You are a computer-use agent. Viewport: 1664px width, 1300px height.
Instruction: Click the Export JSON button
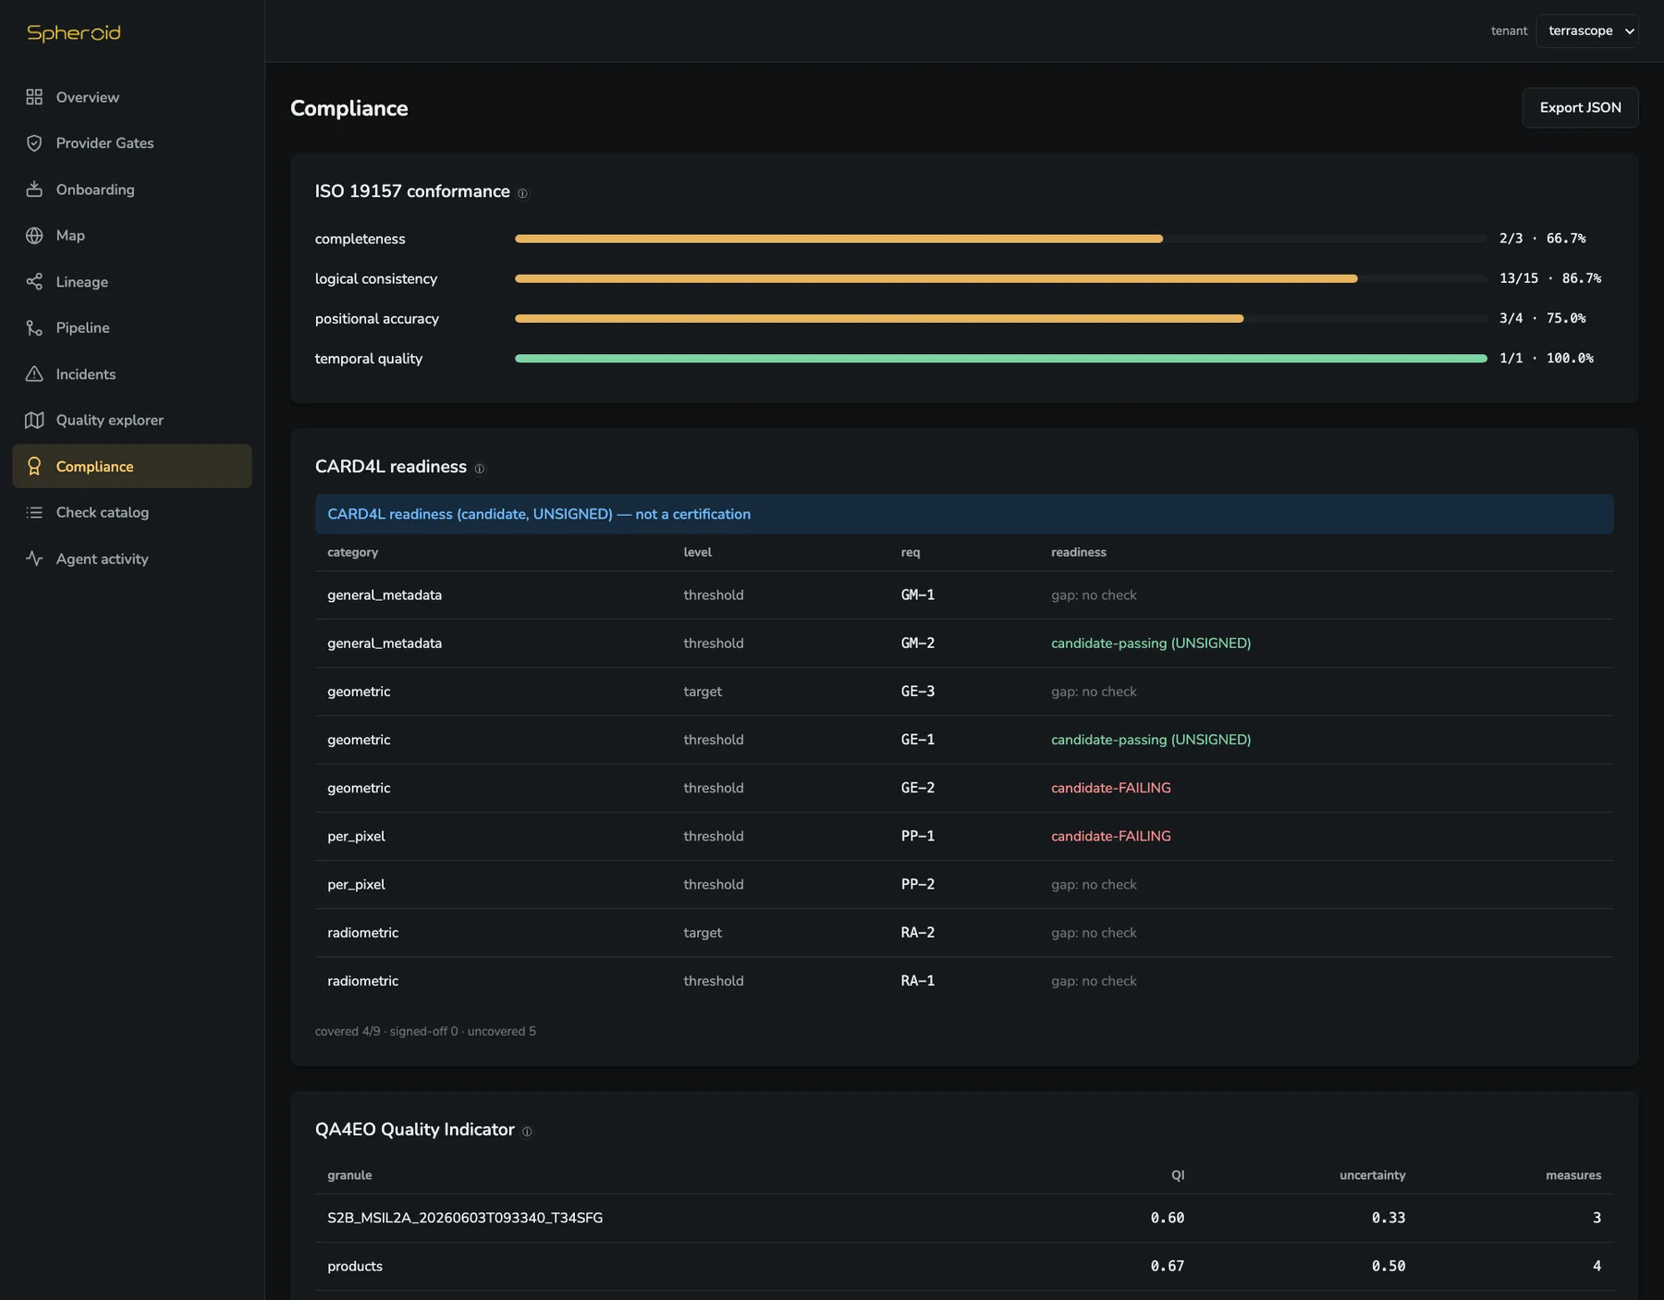1580,107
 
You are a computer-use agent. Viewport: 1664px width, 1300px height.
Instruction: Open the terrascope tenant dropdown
1586,31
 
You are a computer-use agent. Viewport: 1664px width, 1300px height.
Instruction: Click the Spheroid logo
74,32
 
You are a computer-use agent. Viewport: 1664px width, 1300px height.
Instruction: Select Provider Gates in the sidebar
104,143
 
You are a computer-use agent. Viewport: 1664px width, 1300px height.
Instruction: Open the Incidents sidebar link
85,374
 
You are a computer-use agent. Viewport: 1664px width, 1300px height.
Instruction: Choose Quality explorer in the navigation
109,420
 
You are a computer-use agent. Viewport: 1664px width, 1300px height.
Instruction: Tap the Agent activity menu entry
102,558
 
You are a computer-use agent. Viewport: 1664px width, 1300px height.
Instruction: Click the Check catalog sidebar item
102,512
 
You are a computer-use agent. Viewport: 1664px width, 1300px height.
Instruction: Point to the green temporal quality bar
1000,359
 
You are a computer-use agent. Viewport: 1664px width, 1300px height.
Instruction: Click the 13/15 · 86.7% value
1550,278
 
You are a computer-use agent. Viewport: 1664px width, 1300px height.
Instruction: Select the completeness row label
360,239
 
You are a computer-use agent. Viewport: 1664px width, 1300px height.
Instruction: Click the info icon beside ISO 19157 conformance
522,193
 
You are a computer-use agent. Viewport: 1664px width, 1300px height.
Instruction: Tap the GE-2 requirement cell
918,788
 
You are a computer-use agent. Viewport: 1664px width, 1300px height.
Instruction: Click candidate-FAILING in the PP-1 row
1110,836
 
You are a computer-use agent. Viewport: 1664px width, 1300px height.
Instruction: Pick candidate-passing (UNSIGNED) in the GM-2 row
1151,644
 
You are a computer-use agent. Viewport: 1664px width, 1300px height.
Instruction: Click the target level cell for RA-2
703,933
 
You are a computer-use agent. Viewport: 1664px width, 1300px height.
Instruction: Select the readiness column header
1078,552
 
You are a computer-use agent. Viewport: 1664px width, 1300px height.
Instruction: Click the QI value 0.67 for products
1167,1266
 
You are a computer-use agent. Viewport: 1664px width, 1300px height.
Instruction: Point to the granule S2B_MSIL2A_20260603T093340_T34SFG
465,1218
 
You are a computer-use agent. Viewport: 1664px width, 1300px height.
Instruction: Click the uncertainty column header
1372,1175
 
